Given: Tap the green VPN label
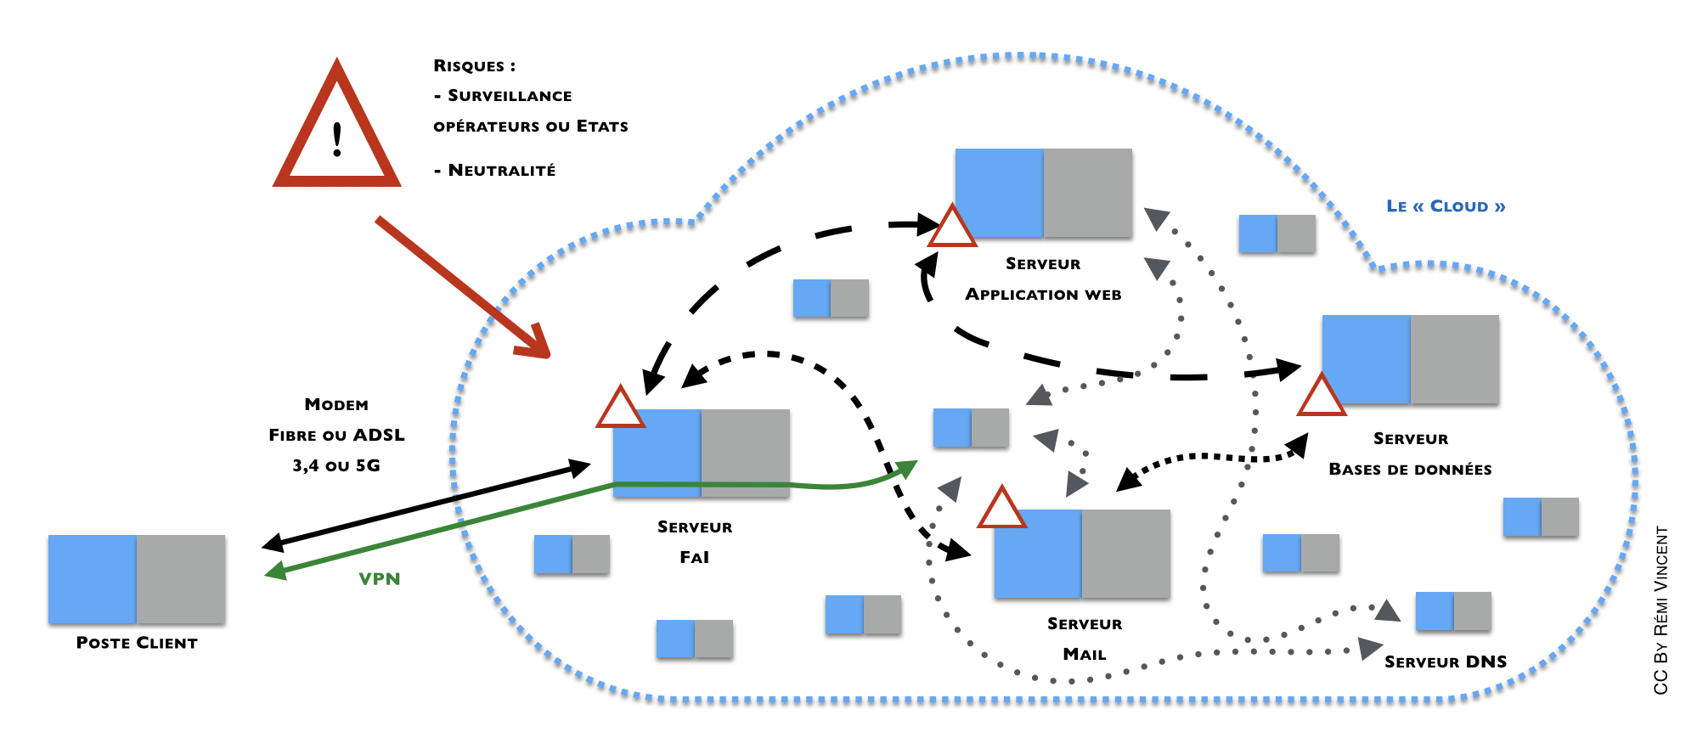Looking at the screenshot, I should click(379, 579).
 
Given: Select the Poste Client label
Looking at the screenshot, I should click(137, 643).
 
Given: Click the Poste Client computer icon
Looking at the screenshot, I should click(137, 579).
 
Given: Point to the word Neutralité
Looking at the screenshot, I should click(501, 171).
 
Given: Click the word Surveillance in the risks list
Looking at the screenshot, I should click(510, 96).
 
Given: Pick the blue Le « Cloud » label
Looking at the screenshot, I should click(1446, 206).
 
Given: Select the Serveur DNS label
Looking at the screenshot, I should click(1446, 662).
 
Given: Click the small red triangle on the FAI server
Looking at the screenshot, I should click(620, 408).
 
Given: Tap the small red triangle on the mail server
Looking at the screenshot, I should click(1001, 509).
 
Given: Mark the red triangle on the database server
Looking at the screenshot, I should click(1321, 397).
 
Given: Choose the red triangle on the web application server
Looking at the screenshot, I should click(951, 228).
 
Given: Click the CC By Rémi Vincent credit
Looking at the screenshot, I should click(1661, 611).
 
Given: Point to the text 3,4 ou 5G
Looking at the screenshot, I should click(336, 465).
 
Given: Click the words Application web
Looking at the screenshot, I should click(1043, 295).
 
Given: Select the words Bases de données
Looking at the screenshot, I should click(1410, 470).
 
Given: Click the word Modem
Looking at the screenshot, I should click(336, 405).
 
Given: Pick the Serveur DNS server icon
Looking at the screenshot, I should click(1453, 611).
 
